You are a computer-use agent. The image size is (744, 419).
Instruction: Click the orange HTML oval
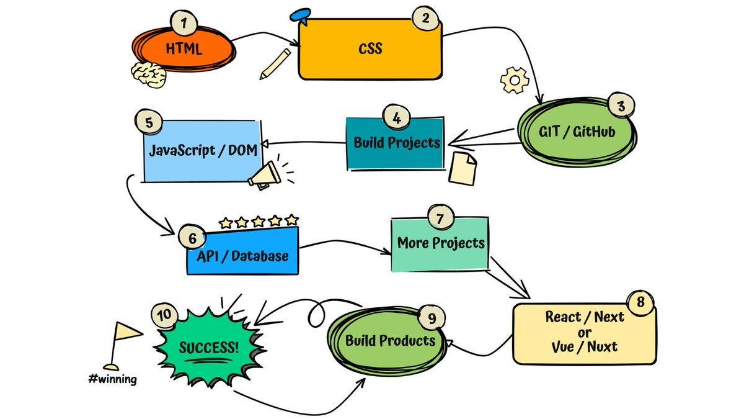coord(183,50)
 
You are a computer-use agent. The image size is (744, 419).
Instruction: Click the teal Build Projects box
coord(396,143)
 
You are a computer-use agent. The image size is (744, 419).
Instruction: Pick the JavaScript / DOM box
coord(202,151)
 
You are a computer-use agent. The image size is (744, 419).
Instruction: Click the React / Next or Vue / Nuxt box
coord(584,333)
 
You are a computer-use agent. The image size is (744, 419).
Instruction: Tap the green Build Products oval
coord(390,341)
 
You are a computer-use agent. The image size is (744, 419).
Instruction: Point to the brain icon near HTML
coord(149,74)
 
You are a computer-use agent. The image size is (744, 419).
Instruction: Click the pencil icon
coord(275,64)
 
